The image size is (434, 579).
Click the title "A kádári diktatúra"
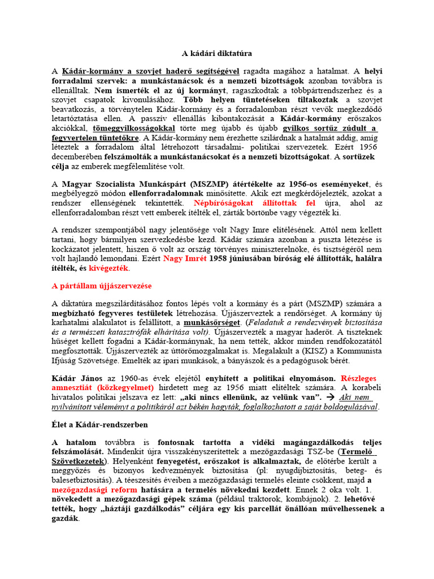pyautogui.click(x=216, y=53)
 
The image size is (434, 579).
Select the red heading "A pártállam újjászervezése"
pyautogui.click(x=102, y=286)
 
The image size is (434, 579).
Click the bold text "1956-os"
pyautogui.click(x=290, y=184)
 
